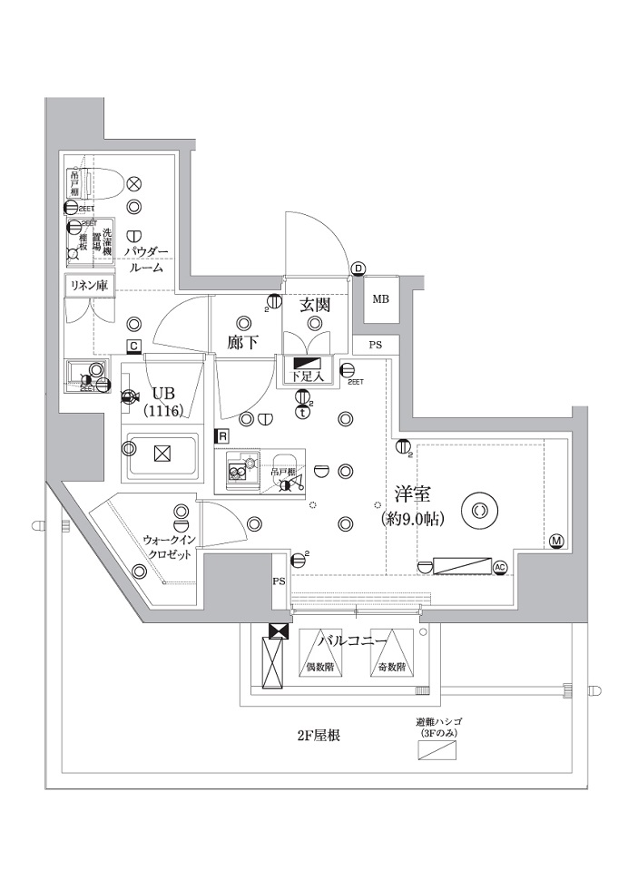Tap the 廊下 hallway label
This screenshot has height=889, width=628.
pos(243,344)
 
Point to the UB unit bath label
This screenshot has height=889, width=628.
pos(164,394)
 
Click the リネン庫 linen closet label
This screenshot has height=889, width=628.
pos(88,286)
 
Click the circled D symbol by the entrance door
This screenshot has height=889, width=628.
pos(358,269)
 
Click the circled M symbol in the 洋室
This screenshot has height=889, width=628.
pos(556,542)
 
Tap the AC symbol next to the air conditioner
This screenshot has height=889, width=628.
pos(499,567)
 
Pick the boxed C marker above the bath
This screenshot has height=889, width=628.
pos(133,346)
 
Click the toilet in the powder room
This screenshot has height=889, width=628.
pos(101,184)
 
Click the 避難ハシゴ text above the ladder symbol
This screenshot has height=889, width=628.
pos(439,723)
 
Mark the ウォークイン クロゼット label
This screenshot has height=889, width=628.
pos(167,546)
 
